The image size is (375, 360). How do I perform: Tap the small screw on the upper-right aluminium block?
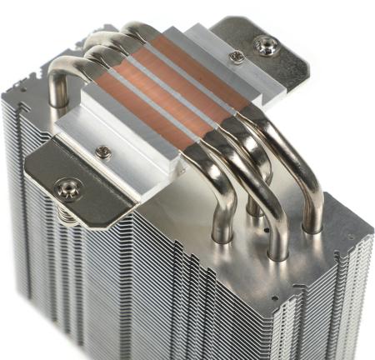[236, 56]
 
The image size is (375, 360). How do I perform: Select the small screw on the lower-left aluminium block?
[103, 152]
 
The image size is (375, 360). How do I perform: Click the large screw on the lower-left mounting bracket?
[67, 188]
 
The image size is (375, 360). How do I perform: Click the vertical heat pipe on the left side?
[57, 87]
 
